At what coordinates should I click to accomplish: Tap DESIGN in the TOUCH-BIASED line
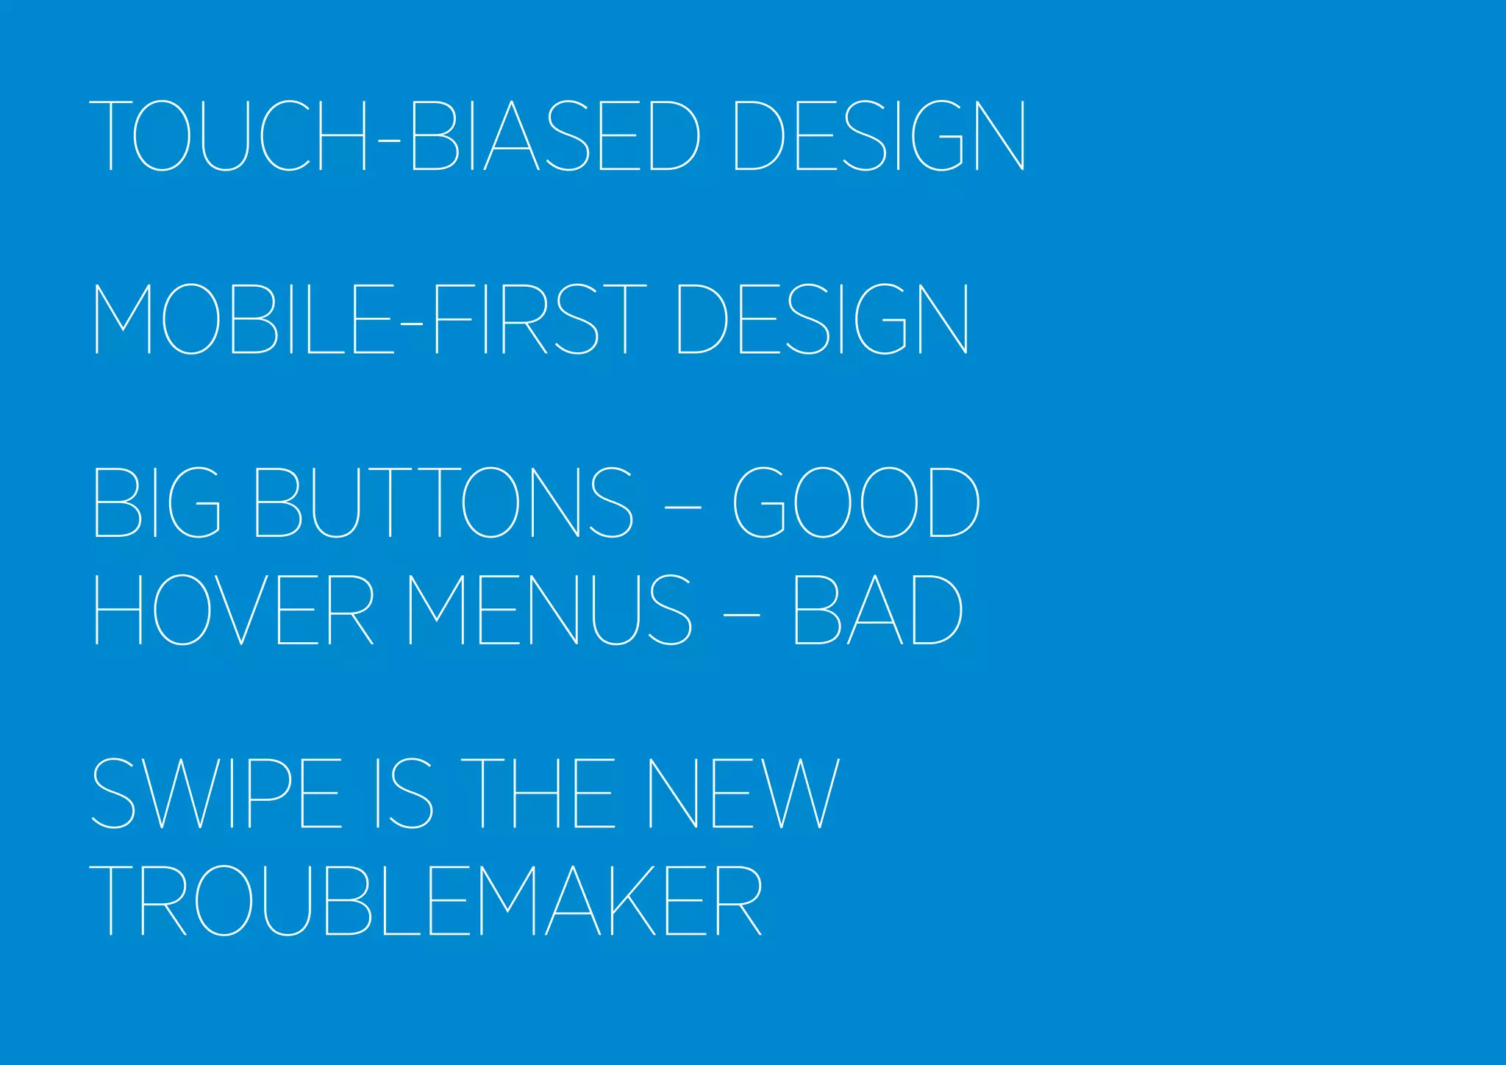(x=879, y=135)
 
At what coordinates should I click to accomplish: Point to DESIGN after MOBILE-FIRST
(x=822, y=319)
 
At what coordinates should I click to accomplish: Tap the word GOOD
(x=856, y=502)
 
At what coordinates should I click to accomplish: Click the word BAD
(x=878, y=610)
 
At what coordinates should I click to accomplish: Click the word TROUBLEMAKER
(x=426, y=900)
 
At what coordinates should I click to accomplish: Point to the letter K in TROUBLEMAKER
(x=632, y=900)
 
